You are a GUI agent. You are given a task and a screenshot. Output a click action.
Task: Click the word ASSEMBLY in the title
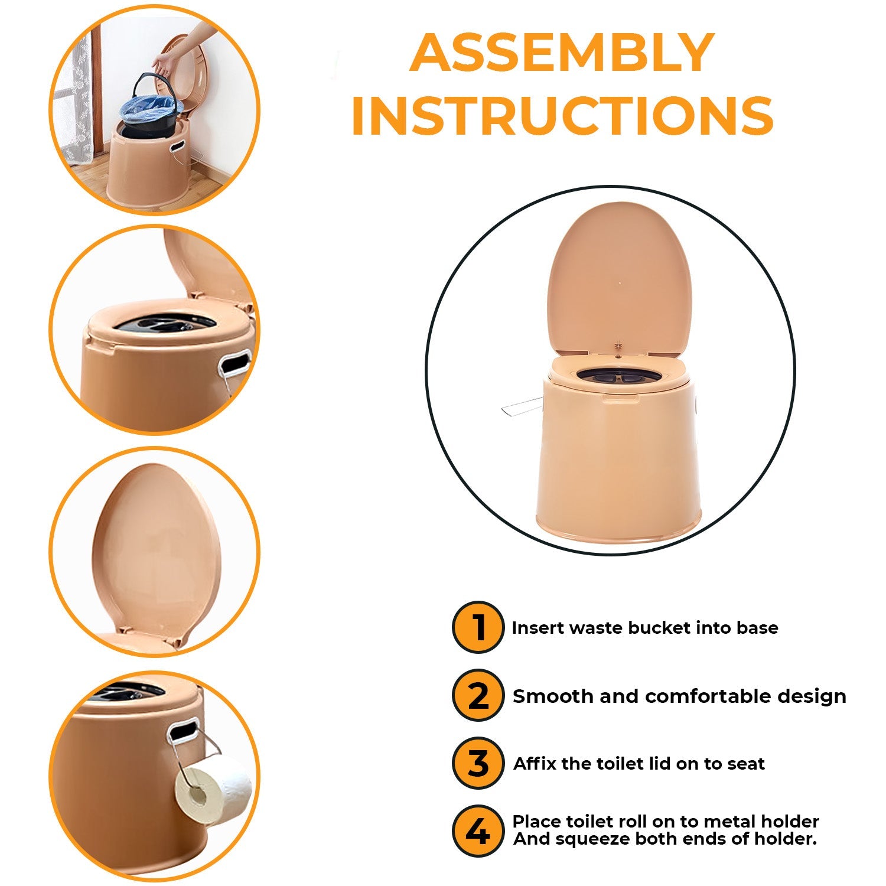562,53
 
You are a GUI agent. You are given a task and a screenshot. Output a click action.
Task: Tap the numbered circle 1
478,627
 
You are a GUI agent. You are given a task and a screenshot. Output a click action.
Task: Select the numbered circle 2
478,695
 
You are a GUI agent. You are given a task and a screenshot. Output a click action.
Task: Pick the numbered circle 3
478,763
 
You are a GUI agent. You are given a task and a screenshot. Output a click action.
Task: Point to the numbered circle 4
478,830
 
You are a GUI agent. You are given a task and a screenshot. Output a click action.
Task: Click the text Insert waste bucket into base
644,627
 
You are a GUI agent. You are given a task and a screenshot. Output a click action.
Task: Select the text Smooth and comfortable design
679,696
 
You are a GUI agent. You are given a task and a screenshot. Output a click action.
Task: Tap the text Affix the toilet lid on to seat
639,764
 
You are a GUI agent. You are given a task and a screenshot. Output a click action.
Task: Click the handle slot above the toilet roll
183,730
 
